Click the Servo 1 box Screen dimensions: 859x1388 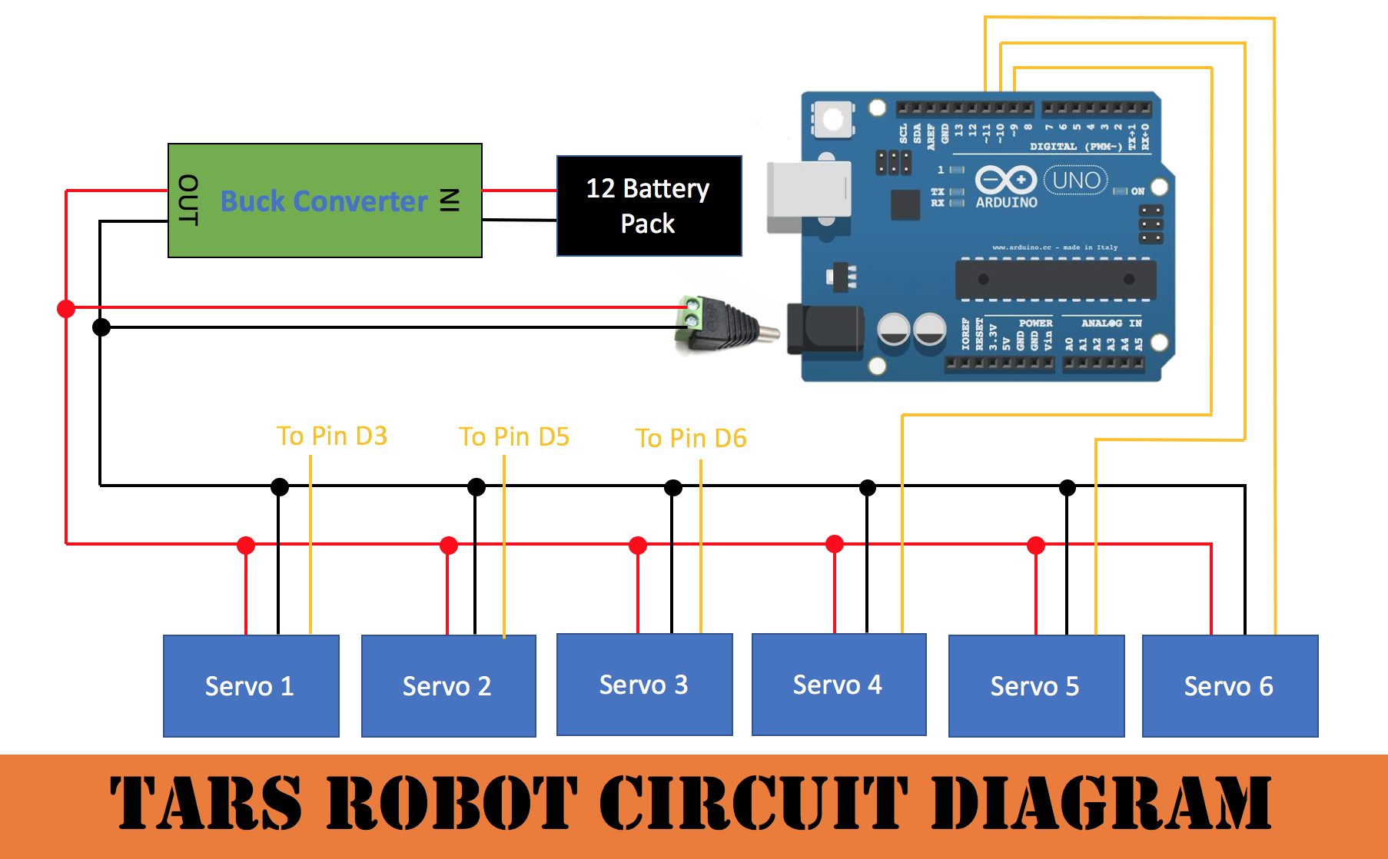coord(251,685)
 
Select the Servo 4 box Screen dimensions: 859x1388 coord(838,684)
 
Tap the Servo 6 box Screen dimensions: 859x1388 coord(1230,685)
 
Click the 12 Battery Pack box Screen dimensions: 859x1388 coord(649,206)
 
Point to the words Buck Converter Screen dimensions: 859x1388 coord(324,201)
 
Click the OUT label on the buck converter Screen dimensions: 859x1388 coord(188,200)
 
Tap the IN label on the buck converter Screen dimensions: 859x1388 coord(450,200)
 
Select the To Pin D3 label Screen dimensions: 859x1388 coord(331,436)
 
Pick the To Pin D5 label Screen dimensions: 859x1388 coord(513,436)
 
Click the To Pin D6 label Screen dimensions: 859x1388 coord(691,438)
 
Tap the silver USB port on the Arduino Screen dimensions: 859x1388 coord(809,197)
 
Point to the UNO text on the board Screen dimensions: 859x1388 coord(1076,181)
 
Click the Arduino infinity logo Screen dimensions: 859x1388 coord(1005,181)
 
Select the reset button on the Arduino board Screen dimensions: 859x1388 coord(833,120)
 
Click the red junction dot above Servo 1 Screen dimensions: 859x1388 coord(246,546)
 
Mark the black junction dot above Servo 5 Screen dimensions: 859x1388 coord(1068,487)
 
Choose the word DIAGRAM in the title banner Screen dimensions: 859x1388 coord(1101,803)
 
